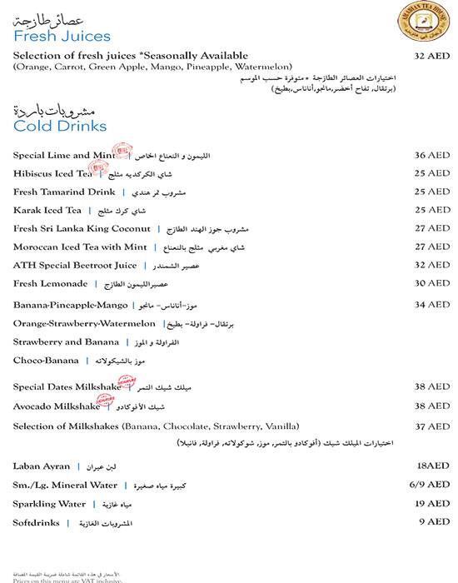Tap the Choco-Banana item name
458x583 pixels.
coord(46,361)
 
